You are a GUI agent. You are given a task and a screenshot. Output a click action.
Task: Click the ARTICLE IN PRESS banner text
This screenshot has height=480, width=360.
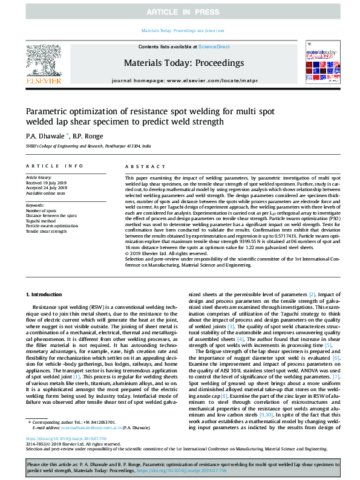[x=180, y=12]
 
